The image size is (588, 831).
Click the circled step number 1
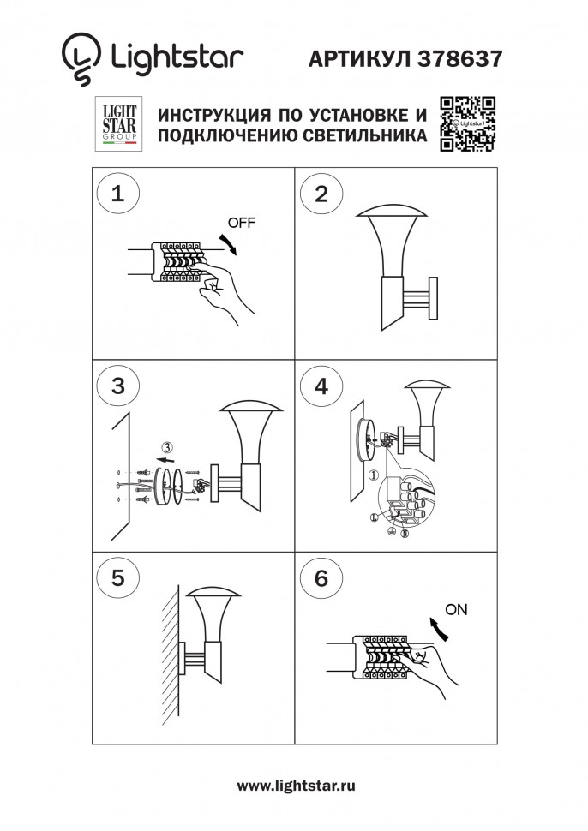tap(118, 193)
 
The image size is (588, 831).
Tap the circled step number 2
tap(321, 193)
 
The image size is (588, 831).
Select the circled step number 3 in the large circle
tap(118, 386)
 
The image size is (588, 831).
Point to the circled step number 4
tap(321, 386)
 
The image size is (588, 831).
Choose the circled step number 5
tap(118, 577)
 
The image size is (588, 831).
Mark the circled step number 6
tap(321, 577)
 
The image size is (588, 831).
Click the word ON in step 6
tap(458, 610)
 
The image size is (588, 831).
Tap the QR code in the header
tap(468, 125)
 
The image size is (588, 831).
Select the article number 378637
tap(459, 58)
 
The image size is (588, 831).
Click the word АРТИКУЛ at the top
tap(361, 58)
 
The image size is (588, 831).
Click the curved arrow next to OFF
tap(228, 242)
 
